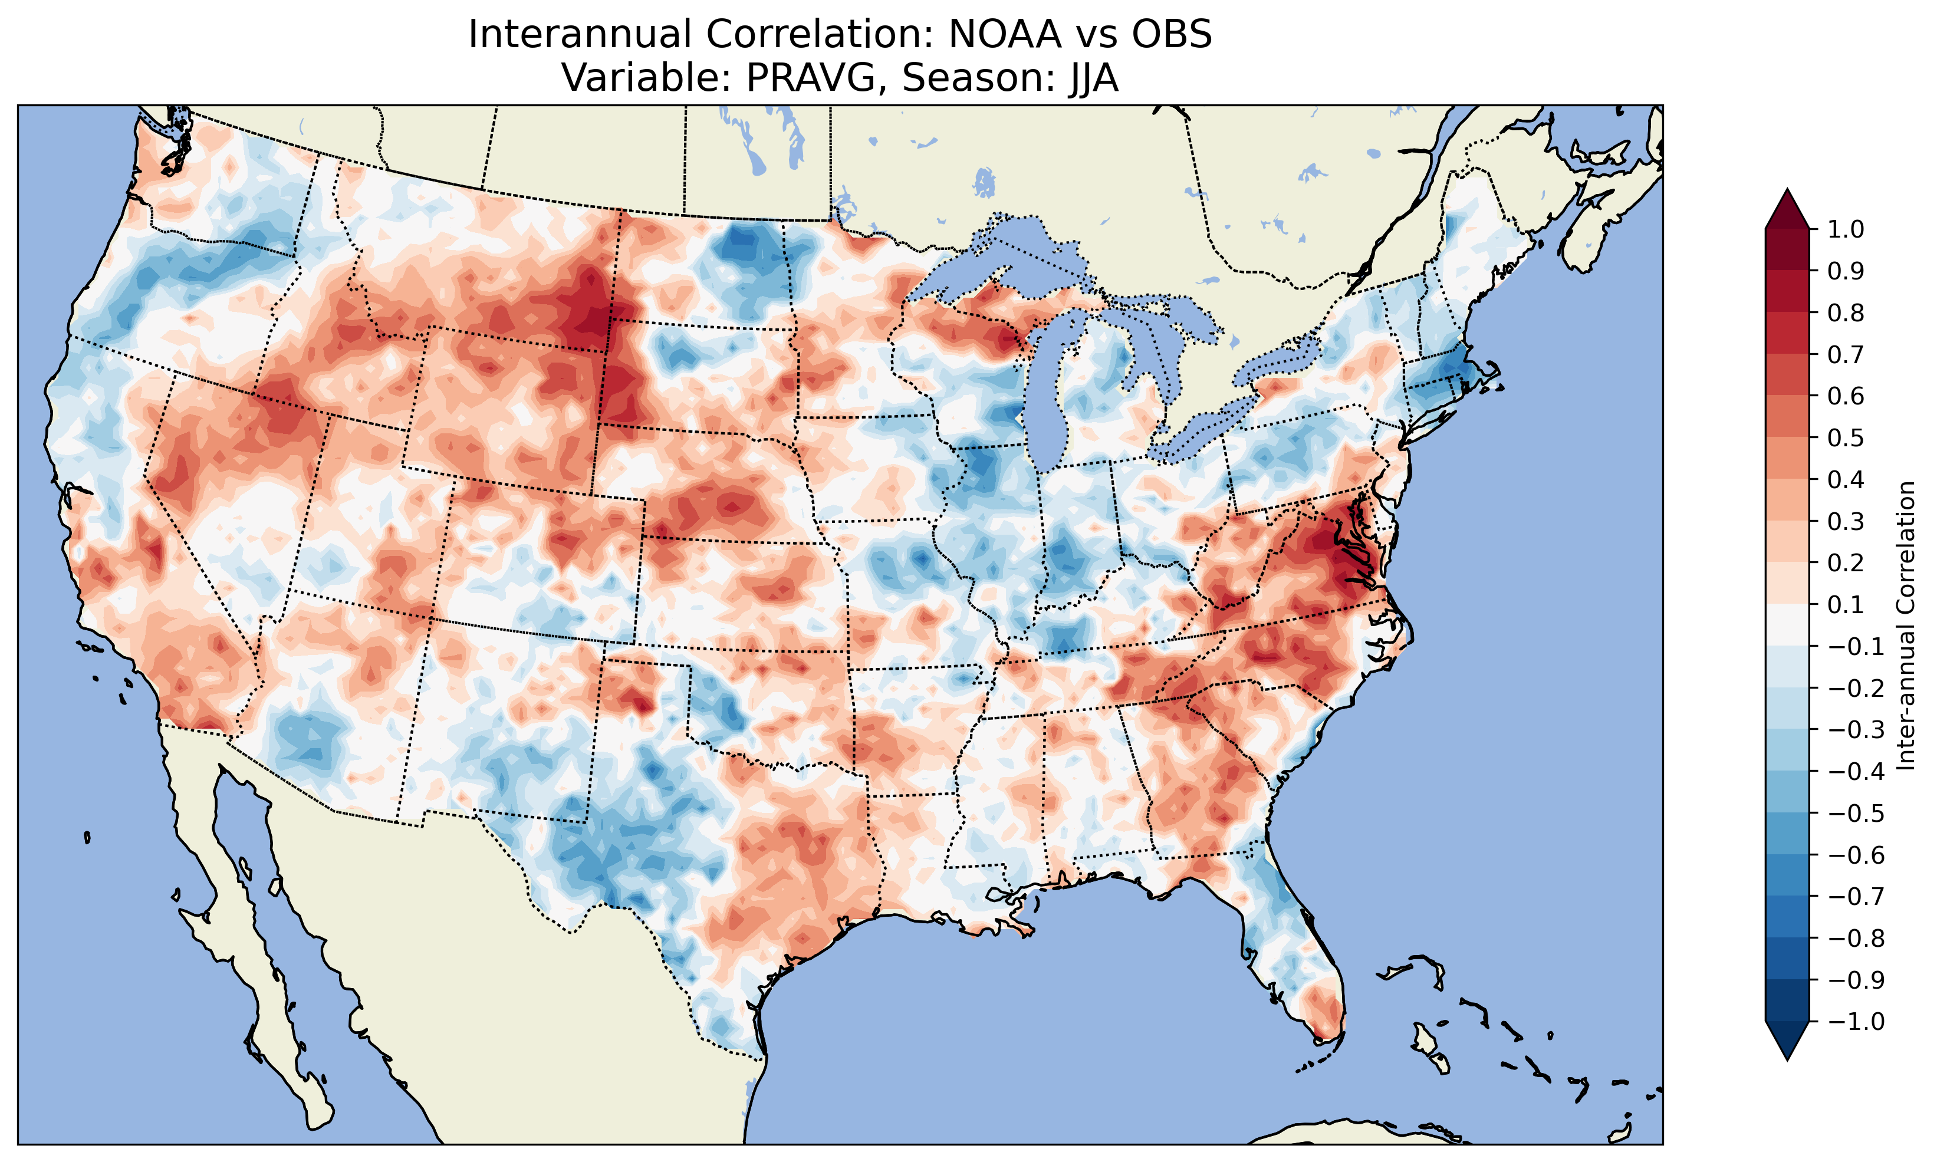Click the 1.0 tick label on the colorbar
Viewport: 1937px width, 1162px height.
pyautogui.click(x=1846, y=229)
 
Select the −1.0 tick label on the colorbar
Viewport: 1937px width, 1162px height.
pyautogui.click(x=1856, y=1021)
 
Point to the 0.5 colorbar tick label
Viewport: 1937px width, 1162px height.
pyautogui.click(x=1846, y=437)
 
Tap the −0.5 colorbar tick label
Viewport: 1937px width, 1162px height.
pyautogui.click(x=1856, y=813)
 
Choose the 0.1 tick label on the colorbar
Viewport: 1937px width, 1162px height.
pyautogui.click(x=1846, y=604)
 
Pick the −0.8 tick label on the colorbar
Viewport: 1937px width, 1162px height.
pyautogui.click(x=1856, y=938)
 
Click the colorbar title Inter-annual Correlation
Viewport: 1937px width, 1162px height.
pyautogui.click(x=1906, y=625)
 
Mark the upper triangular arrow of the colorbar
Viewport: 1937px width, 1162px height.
pyautogui.click(x=1787, y=210)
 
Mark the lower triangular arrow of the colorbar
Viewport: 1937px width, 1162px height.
pyautogui.click(x=1787, y=1041)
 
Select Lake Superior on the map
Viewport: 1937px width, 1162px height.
pyautogui.click(x=1010, y=258)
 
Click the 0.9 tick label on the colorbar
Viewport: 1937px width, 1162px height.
pyautogui.click(x=1846, y=271)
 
